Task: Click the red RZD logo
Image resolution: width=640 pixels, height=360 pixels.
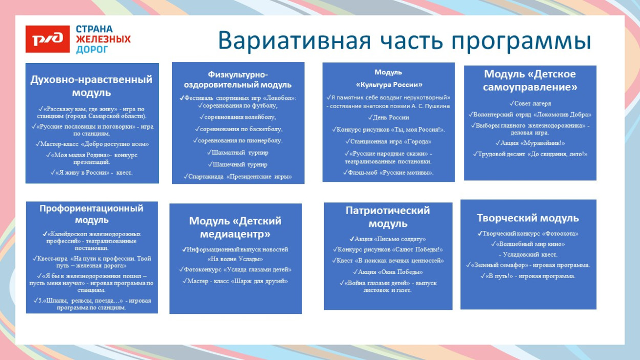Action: (x=48, y=39)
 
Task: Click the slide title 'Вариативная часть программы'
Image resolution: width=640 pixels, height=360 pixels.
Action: (x=404, y=41)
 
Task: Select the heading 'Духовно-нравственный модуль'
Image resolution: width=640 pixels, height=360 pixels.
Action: (x=92, y=86)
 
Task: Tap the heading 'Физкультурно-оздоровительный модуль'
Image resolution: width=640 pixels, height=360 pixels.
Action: (x=238, y=80)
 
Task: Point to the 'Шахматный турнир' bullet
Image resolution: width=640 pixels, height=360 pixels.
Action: (x=238, y=153)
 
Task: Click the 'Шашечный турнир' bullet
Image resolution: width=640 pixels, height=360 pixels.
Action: (x=238, y=164)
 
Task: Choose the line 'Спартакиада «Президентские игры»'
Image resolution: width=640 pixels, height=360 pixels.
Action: (x=238, y=177)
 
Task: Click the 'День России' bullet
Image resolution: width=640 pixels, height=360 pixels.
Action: (x=389, y=118)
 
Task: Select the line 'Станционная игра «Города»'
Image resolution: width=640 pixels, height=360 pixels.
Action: (x=389, y=141)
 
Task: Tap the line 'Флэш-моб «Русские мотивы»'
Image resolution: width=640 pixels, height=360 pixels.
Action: (x=389, y=173)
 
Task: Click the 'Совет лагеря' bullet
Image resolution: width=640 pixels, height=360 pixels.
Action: (x=530, y=103)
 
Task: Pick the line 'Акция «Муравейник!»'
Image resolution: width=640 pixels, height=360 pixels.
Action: (x=530, y=143)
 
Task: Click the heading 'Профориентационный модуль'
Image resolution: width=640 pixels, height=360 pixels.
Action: (x=92, y=214)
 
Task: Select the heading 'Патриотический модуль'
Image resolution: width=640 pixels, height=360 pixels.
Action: (x=388, y=217)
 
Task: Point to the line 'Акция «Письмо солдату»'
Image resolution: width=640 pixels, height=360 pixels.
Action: (x=388, y=239)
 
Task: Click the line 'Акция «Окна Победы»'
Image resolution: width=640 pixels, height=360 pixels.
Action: (x=388, y=272)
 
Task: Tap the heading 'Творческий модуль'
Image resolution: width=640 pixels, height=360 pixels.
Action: (x=528, y=218)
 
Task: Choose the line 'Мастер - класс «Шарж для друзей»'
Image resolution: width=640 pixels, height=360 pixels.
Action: (x=236, y=281)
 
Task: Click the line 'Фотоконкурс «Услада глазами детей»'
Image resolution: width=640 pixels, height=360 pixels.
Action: (x=236, y=270)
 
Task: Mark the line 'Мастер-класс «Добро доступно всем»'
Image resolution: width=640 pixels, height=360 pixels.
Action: (x=92, y=144)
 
